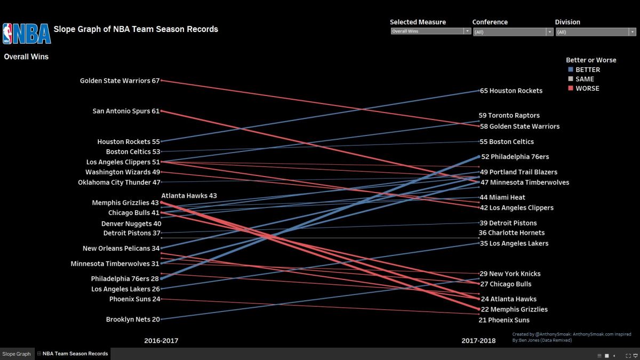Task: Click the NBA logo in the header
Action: (26, 33)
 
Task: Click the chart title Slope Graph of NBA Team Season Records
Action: (135, 29)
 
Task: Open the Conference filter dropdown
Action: (513, 32)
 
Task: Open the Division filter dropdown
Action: (595, 32)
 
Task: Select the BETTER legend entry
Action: (587, 70)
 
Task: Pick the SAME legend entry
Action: (584, 79)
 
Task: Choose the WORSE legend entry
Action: (587, 89)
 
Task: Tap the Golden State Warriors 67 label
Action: (119, 81)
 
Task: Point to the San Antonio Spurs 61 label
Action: (126, 111)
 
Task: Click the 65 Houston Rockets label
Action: (511, 91)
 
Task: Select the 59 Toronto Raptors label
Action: (509, 115)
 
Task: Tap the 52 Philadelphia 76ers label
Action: (515, 157)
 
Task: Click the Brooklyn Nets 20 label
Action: (133, 319)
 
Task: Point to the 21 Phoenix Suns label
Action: (504, 320)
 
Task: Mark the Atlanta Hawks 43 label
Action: (189, 196)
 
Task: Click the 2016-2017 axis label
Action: (161, 341)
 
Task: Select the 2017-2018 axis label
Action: (478, 341)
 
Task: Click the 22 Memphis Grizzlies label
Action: (514, 309)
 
